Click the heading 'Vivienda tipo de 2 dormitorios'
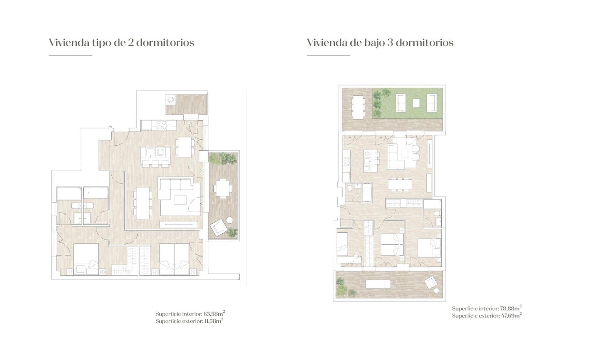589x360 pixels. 121,42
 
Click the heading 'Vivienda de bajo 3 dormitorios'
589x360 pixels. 380,42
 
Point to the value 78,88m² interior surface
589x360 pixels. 510,308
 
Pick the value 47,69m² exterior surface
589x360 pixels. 511,316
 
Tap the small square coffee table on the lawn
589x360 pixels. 416,103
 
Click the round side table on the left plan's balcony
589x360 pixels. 229,220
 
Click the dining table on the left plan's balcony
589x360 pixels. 223,189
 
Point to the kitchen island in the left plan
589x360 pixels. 155,152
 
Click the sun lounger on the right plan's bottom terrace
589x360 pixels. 378,284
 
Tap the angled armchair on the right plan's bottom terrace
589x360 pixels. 429,282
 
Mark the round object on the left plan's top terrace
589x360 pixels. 171,100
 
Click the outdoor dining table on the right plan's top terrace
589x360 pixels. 358,107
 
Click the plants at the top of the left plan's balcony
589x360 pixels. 223,159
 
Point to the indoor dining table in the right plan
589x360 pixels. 400,185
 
